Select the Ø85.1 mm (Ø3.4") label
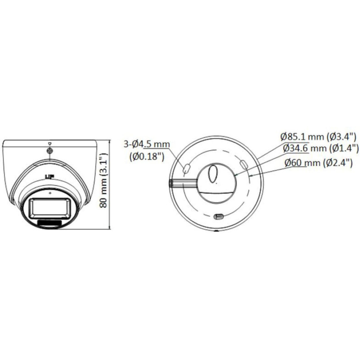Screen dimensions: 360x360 pyautogui.click(x=318, y=135)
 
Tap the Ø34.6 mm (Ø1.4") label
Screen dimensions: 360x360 pyautogui.click(x=320, y=148)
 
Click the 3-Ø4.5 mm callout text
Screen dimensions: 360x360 pyautogui.click(x=147, y=144)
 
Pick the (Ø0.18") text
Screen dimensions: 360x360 pyautogui.click(x=146, y=157)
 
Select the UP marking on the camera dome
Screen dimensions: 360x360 pyautogui.click(x=47, y=176)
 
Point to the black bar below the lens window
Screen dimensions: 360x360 pyautogui.click(x=50, y=222)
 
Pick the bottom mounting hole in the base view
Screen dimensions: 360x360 pyautogui.click(x=219, y=216)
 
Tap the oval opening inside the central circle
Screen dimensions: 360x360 pyautogui.click(x=214, y=173)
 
